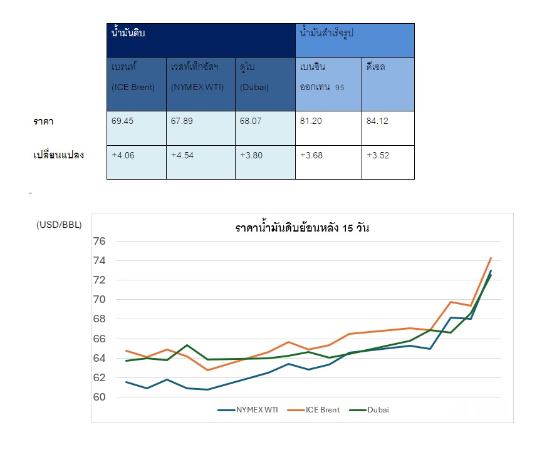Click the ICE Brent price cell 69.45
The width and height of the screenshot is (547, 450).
[x=122, y=121]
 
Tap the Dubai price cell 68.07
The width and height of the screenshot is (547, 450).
[x=250, y=121]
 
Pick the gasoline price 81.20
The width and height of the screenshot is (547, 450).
[x=311, y=121]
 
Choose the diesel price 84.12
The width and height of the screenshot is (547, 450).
[x=377, y=121]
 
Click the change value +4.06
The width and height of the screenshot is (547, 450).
[x=123, y=155]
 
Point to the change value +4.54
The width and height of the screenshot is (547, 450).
[x=182, y=155]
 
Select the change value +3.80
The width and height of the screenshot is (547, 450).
[x=251, y=155]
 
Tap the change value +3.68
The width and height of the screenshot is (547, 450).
[x=311, y=155]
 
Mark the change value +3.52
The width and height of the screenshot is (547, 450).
[x=378, y=155]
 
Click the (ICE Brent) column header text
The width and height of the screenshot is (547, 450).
[x=133, y=88]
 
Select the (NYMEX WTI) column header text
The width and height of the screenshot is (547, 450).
[x=195, y=88]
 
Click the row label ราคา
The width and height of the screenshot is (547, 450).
[x=43, y=121]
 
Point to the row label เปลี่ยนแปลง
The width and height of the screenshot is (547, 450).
[x=58, y=155]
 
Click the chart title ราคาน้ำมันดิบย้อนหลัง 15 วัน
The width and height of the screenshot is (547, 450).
[x=302, y=228]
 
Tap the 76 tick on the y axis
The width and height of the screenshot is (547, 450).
[x=99, y=241]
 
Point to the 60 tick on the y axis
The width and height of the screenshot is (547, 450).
[x=99, y=397]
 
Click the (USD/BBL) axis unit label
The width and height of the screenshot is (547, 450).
[x=59, y=224]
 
